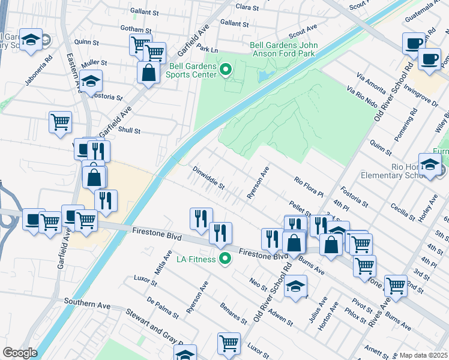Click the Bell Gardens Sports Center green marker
pyautogui.click(x=226, y=71)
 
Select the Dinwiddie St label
pyautogui.click(x=208, y=178)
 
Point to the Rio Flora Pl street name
pyautogui.click(x=309, y=187)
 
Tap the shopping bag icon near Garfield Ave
pyautogui.click(x=148, y=73)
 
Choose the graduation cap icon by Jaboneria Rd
pyautogui.click(x=31, y=41)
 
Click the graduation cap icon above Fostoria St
pyautogui.click(x=91, y=82)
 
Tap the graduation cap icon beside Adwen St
pyautogui.click(x=295, y=286)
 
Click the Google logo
pyautogui.click(x=20, y=353)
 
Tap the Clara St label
pyautogui.click(x=247, y=7)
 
